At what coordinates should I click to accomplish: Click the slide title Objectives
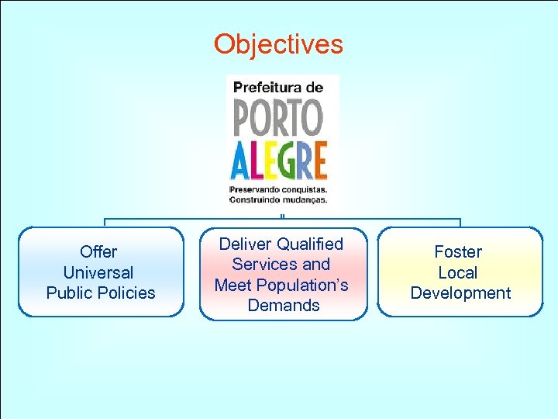(x=278, y=44)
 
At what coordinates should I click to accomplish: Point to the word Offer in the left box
(x=98, y=252)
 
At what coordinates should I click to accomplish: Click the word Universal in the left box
(x=98, y=272)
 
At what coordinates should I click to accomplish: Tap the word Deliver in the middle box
(x=245, y=244)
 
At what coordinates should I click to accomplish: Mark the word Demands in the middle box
(x=283, y=305)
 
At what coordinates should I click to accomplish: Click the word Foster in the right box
(x=458, y=252)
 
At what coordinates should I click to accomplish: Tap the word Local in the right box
(x=458, y=272)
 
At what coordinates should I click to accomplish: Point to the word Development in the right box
(x=460, y=293)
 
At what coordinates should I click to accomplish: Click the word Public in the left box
(x=68, y=293)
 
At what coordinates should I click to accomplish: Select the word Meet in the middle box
(x=232, y=285)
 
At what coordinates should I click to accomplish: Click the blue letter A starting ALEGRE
(x=240, y=161)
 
